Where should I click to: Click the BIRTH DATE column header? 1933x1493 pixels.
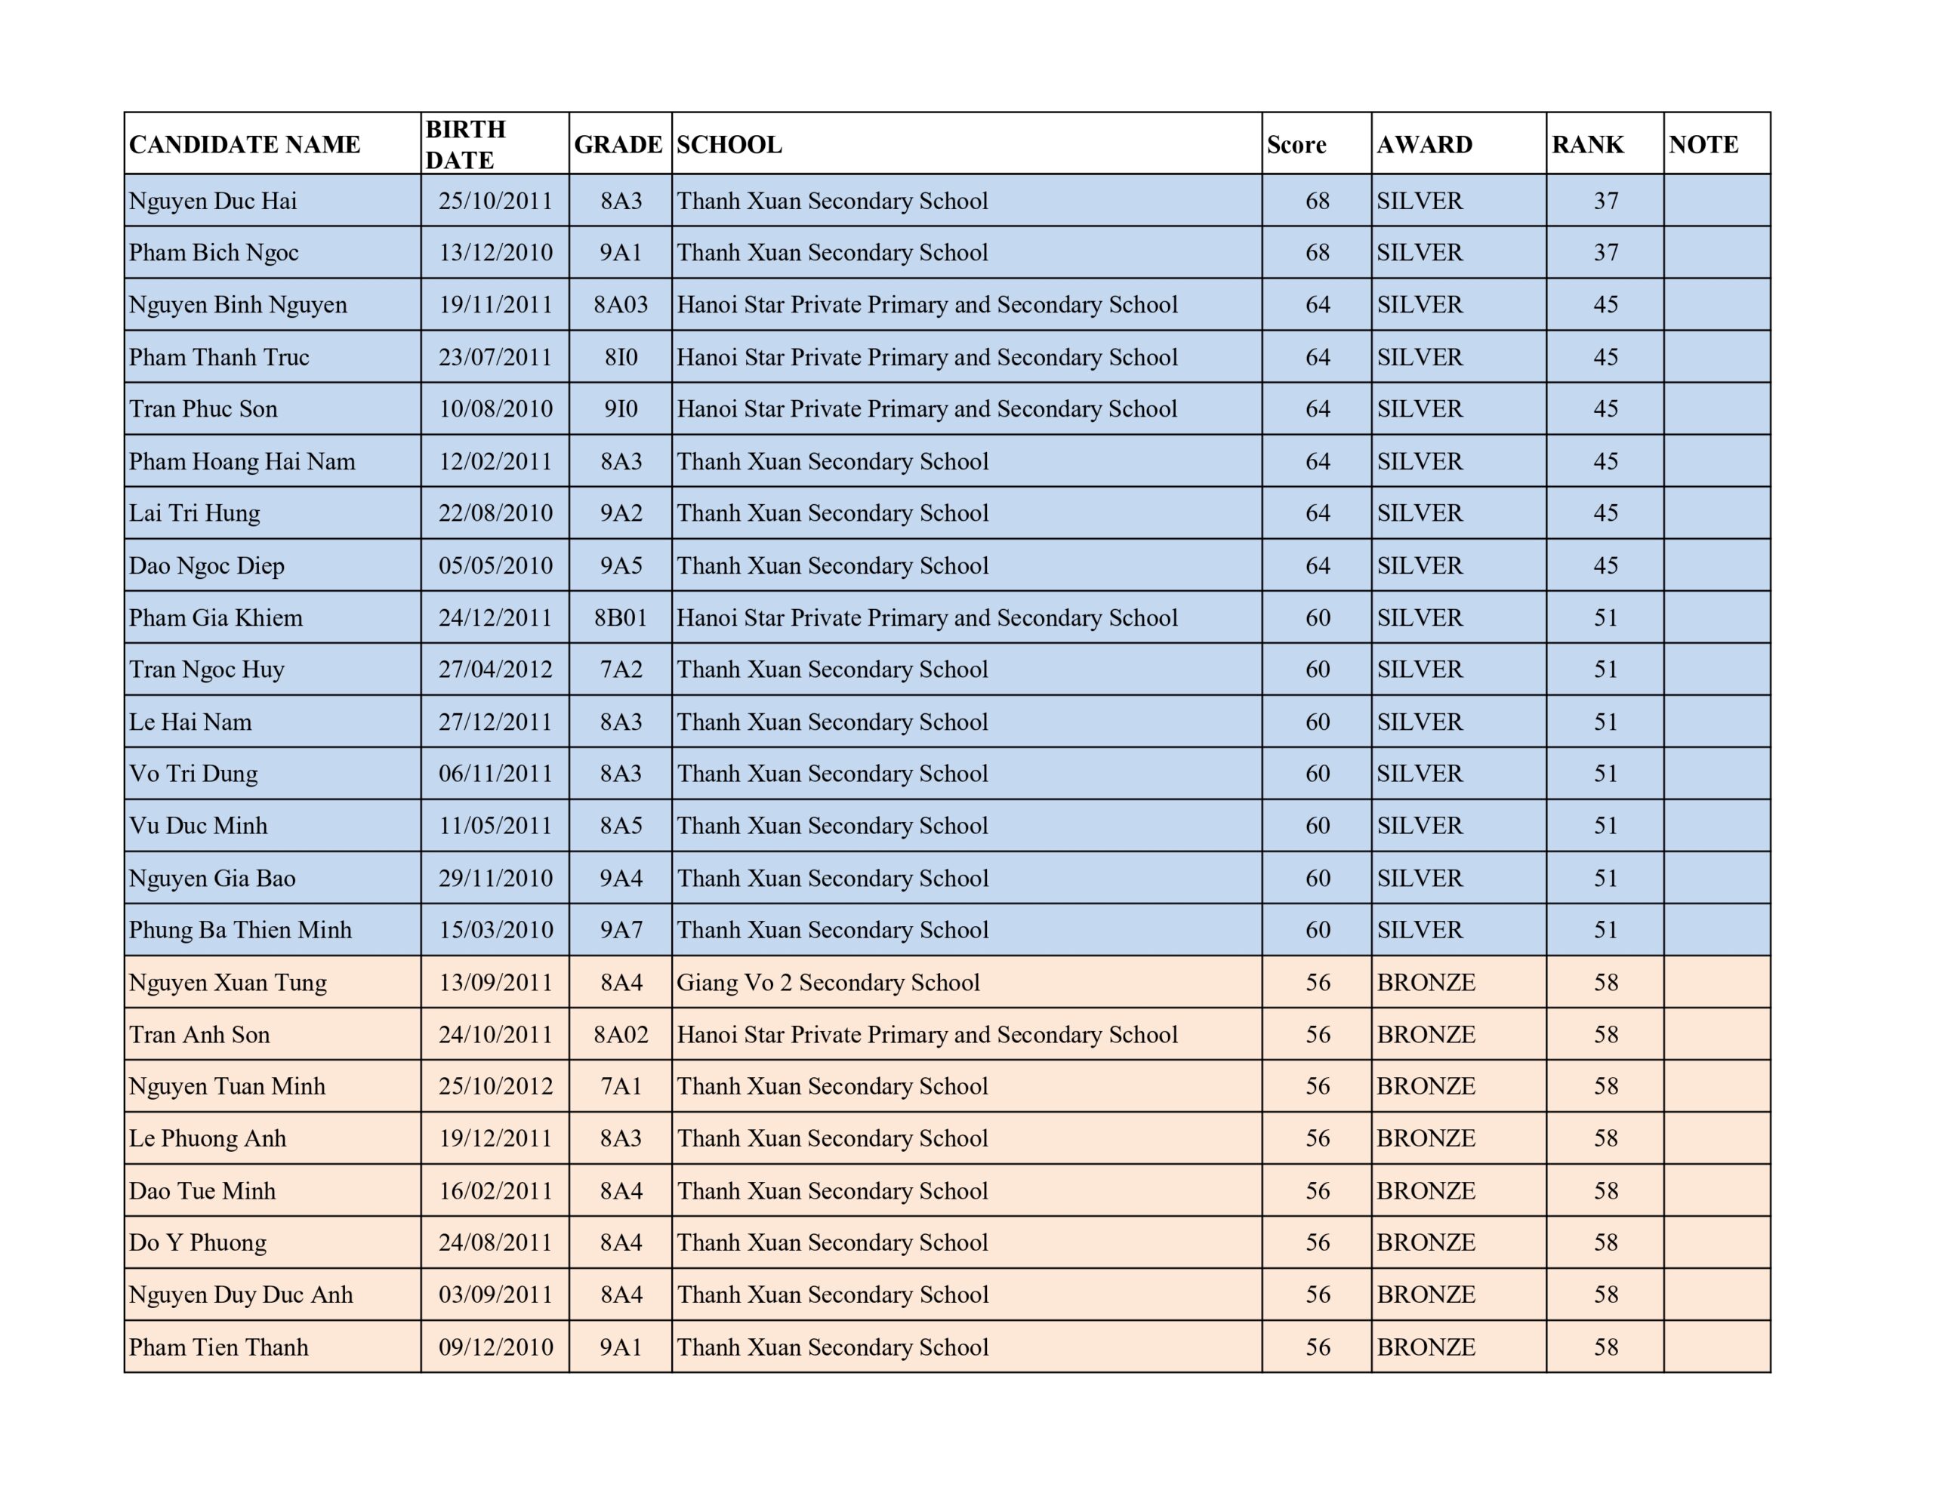pyautogui.click(x=466, y=143)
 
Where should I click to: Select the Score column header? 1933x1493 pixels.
pyautogui.click(x=1296, y=144)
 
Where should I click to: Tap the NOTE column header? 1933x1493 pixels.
pyautogui.click(x=1703, y=144)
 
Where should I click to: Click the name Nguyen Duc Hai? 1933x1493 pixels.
pyautogui.click(x=213, y=201)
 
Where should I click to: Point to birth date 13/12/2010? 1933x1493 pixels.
pyautogui.click(x=495, y=253)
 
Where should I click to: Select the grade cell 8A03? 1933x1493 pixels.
pyautogui.click(x=621, y=304)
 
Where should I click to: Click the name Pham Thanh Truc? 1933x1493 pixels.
pyautogui.click(x=220, y=357)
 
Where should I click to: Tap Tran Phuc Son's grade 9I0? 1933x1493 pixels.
pyautogui.click(x=621, y=409)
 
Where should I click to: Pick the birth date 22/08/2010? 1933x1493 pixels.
pyautogui.click(x=495, y=513)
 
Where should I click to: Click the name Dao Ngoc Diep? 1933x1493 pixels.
pyautogui.click(x=207, y=565)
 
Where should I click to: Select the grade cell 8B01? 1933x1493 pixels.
pyautogui.click(x=621, y=617)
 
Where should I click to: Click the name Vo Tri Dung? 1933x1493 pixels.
pyautogui.click(x=194, y=774)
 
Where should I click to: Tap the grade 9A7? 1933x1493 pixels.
pyautogui.click(x=621, y=930)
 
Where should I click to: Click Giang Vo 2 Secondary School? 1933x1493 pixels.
pyautogui.click(x=828, y=982)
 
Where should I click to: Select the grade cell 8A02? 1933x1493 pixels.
pyautogui.click(x=621, y=1035)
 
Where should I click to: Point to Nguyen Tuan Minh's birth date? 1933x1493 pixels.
pyautogui.click(x=495, y=1087)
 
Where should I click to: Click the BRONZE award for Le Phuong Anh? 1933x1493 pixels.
pyautogui.click(x=1426, y=1139)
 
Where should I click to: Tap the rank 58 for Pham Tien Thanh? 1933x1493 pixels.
pyautogui.click(x=1605, y=1347)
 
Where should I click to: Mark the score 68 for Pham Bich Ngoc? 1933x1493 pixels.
pyautogui.click(x=1317, y=253)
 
